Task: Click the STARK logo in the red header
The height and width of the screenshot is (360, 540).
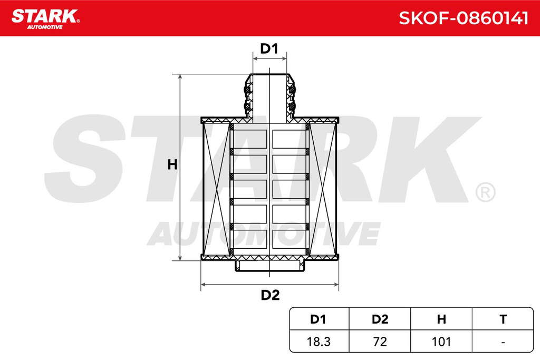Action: pos(45,18)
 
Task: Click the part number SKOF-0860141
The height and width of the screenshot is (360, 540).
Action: pos(463,18)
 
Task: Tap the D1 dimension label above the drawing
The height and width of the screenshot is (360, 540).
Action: pos(269,49)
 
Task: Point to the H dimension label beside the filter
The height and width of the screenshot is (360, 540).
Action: pos(172,165)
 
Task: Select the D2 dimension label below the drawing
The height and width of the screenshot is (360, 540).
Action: pos(270,295)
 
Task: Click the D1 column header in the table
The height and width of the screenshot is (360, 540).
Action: pos(318,319)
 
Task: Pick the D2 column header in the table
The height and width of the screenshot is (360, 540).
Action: pos(380,319)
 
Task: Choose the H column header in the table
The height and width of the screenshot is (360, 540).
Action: pos(441,319)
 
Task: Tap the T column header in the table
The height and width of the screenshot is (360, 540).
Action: pos(503,319)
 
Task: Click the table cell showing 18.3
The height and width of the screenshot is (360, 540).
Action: pos(319,342)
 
